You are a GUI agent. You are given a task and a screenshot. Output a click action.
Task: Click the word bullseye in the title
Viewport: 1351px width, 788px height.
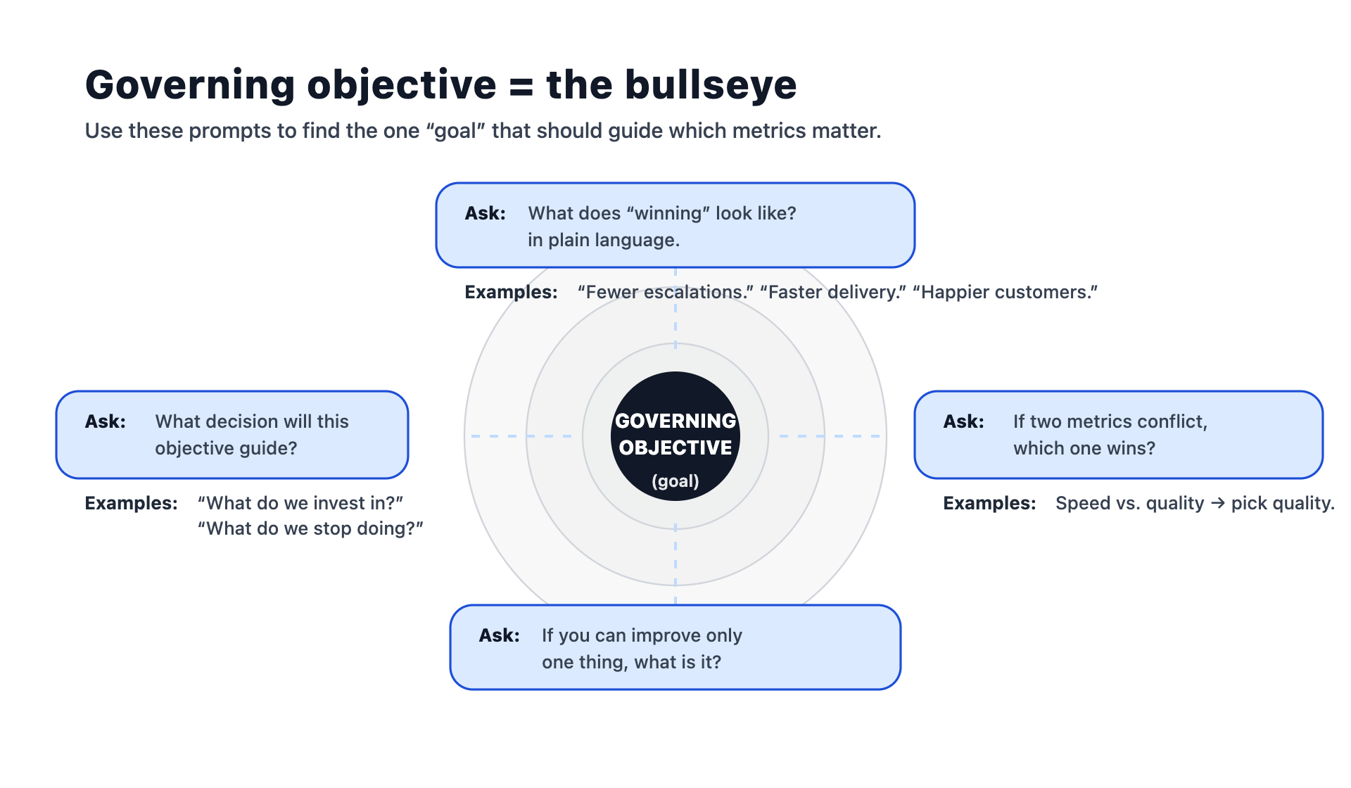tap(710, 85)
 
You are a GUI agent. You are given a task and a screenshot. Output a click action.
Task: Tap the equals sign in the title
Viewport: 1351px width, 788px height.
tap(521, 87)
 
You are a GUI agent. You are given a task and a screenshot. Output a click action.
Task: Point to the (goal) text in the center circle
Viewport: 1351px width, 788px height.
tap(675, 481)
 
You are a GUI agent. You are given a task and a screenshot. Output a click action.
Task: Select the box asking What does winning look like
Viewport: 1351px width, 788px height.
tap(675, 225)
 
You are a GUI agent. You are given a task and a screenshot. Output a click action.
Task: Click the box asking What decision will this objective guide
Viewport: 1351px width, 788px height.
tap(232, 435)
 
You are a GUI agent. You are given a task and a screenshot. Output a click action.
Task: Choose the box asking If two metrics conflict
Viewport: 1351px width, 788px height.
tap(1119, 435)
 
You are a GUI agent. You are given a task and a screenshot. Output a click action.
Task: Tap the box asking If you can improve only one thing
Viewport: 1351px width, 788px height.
tap(675, 647)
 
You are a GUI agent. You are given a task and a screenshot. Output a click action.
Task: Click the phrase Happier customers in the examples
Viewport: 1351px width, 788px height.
tap(1005, 292)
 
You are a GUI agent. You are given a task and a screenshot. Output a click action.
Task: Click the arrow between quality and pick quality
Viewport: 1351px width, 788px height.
tap(1217, 504)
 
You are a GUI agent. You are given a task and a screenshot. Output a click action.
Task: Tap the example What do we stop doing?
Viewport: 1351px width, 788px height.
tap(310, 528)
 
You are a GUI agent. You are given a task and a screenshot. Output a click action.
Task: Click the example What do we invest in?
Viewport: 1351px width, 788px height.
tap(300, 503)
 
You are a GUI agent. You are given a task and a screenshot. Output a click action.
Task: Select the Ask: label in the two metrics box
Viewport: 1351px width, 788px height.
tap(963, 421)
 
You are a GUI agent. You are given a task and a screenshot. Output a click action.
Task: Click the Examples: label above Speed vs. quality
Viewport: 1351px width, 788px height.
tap(989, 503)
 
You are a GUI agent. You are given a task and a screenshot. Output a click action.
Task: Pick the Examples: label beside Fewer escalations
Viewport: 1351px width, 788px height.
tap(511, 292)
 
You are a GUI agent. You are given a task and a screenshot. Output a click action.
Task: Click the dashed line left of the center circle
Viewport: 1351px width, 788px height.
tap(521, 436)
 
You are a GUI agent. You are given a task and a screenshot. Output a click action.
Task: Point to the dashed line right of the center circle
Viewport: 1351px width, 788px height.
tap(830, 436)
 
